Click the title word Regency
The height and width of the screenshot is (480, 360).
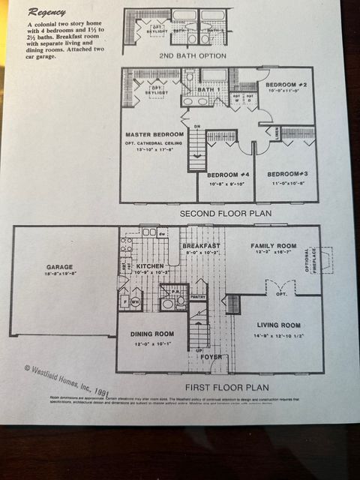tap(46, 13)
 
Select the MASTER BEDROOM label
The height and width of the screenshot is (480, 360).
tap(154, 134)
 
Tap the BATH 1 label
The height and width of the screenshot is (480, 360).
tap(208, 90)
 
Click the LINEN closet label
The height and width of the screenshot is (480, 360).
tap(274, 132)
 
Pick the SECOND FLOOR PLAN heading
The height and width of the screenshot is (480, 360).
tap(225, 213)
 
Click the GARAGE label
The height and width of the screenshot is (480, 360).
tap(59, 265)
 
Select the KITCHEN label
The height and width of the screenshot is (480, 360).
tap(150, 265)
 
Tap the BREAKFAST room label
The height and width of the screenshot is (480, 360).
tap(201, 246)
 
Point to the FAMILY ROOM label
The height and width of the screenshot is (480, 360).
tap(273, 246)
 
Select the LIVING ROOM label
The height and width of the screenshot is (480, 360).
tap(278, 325)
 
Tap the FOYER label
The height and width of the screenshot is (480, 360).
tap(211, 357)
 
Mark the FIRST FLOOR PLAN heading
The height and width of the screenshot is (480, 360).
tap(237, 388)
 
